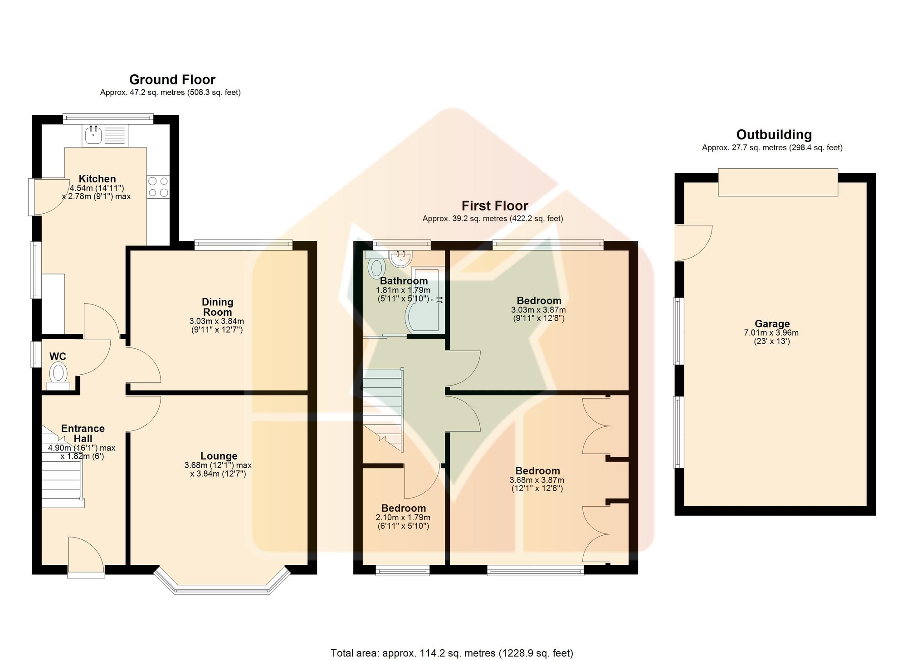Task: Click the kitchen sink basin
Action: coord(94,134)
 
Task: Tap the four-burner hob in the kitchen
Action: coord(158,187)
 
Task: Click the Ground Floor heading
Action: coord(172,80)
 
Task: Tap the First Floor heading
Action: coord(495,206)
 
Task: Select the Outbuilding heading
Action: coord(774,135)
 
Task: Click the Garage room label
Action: coord(772,324)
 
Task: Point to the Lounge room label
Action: coord(219,456)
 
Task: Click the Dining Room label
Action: coord(218,307)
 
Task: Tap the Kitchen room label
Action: coord(98,179)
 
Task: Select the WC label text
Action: coord(58,357)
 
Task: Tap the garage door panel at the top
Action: coord(778,182)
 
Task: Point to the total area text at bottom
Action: coord(452,653)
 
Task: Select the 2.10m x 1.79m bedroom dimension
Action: coord(403,518)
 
